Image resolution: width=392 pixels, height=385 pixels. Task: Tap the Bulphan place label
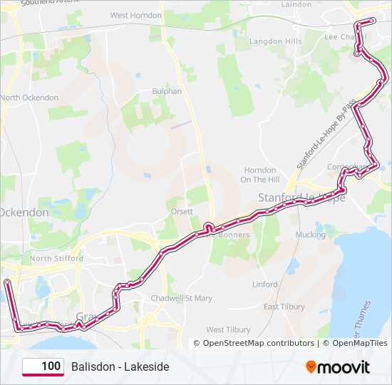tap(167, 91)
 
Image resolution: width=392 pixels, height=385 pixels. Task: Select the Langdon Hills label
tap(275, 41)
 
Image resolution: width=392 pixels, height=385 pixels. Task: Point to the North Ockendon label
tap(29, 97)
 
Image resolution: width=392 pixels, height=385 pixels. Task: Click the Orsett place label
tap(182, 211)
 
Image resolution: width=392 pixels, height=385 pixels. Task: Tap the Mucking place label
tap(310, 234)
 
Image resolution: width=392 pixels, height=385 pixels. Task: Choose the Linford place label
tap(265, 284)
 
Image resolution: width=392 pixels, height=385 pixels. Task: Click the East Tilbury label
tap(284, 307)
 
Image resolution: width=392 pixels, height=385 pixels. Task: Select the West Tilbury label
tap(228, 329)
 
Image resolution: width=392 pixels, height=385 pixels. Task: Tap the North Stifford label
tap(51, 258)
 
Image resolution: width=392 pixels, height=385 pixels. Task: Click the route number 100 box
tap(43, 366)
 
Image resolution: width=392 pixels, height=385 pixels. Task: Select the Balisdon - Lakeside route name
tap(120, 366)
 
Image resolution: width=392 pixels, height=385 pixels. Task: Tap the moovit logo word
tap(344, 367)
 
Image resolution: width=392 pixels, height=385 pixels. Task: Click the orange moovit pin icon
tap(311, 367)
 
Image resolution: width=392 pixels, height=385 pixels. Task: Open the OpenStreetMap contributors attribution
tap(258, 343)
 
